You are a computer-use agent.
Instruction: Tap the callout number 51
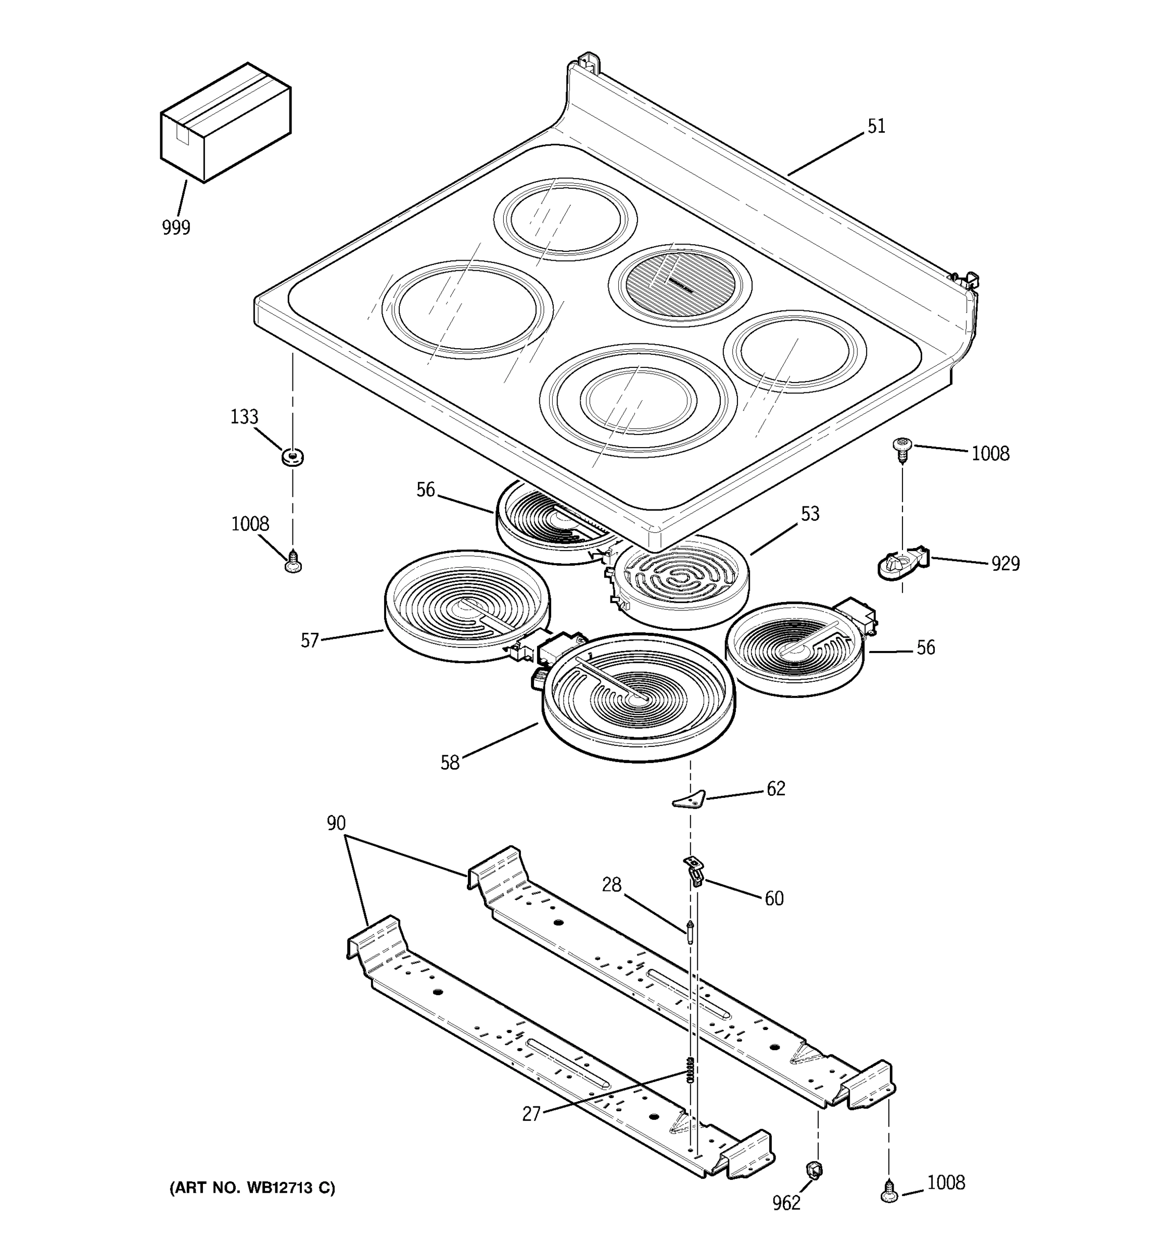point(876,126)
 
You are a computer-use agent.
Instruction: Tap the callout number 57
point(310,640)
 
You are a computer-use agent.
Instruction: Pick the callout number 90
point(336,823)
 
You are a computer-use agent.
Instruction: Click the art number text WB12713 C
point(252,1188)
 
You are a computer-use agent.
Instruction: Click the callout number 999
point(176,227)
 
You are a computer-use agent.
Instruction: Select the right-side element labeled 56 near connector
point(795,649)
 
